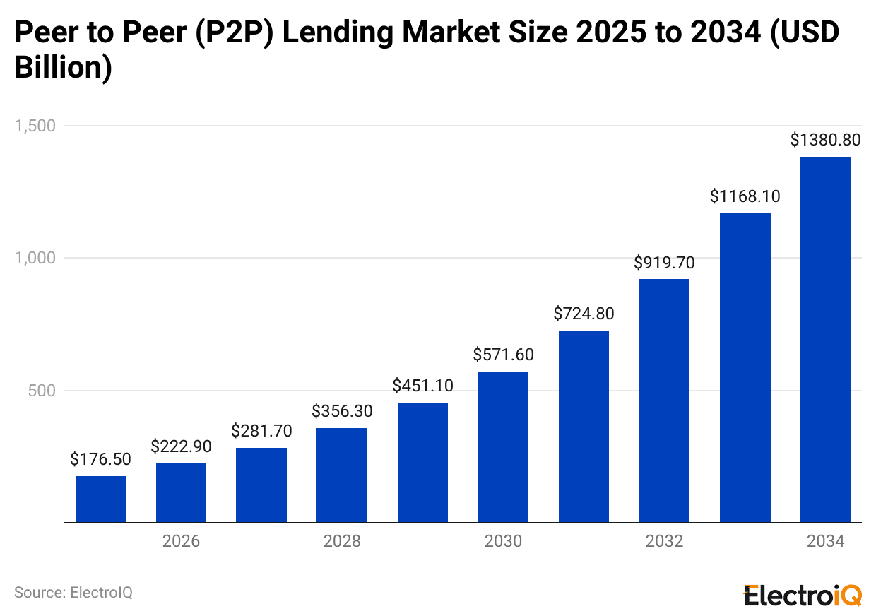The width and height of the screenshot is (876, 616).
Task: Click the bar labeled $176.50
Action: (x=100, y=499)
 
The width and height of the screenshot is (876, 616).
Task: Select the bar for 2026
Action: (x=181, y=493)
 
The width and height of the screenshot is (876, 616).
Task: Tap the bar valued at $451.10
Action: (x=422, y=463)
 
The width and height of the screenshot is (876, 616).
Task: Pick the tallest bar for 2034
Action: (x=825, y=339)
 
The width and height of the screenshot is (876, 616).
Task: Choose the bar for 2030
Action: (x=503, y=447)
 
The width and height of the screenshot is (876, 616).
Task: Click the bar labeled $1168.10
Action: (x=745, y=367)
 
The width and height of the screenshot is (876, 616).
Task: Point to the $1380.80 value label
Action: (x=825, y=140)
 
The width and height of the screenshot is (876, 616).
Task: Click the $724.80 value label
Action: (x=584, y=313)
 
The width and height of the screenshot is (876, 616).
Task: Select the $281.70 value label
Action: (x=261, y=430)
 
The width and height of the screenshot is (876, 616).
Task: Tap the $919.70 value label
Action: (x=664, y=263)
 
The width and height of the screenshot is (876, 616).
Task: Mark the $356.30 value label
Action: (x=342, y=410)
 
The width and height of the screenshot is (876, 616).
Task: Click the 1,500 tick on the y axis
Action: (x=35, y=126)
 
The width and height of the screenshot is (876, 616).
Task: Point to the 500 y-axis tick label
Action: (x=42, y=391)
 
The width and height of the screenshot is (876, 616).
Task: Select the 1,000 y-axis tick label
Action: (x=35, y=259)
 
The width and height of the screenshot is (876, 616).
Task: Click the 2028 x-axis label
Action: (x=342, y=542)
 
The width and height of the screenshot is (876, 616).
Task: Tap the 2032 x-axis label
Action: (x=664, y=542)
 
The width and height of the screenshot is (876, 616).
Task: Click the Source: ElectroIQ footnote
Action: (x=73, y=592)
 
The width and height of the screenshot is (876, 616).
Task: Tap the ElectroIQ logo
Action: (x=803, y=594)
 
